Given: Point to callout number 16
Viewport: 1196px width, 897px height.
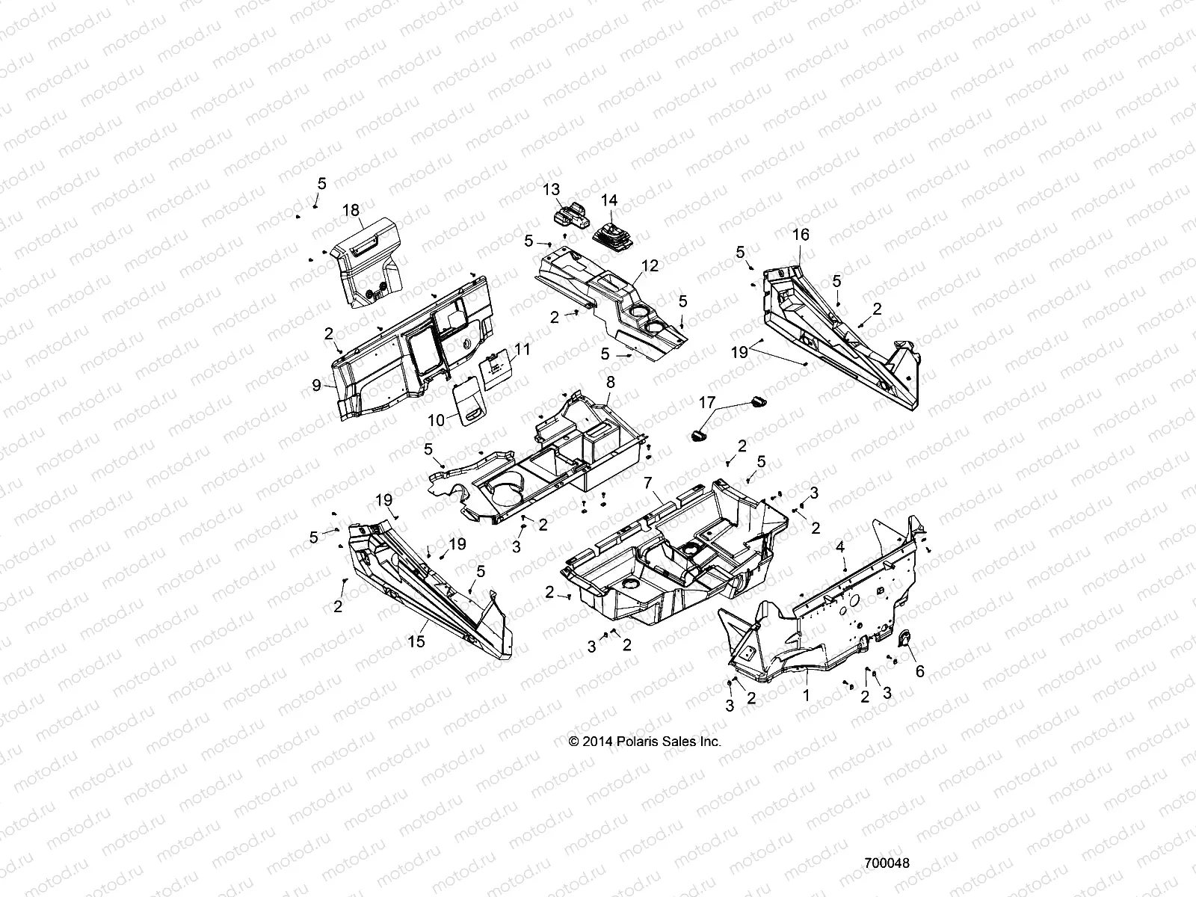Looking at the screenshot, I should coord(801,234).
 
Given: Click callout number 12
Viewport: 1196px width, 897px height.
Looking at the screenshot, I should coord(650,265).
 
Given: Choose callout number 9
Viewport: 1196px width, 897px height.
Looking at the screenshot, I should coord(317,385).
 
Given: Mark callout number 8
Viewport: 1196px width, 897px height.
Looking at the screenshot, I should coord(610,382).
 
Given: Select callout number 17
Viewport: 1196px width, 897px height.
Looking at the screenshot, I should coord(706,402).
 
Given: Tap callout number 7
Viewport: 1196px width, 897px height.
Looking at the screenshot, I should coord(647,482).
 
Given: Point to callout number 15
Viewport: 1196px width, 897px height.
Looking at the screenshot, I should coord(416,641).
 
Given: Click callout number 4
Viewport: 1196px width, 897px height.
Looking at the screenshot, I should coord(840,547).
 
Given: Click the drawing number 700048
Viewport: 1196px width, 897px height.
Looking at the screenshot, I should coord(887,863).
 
